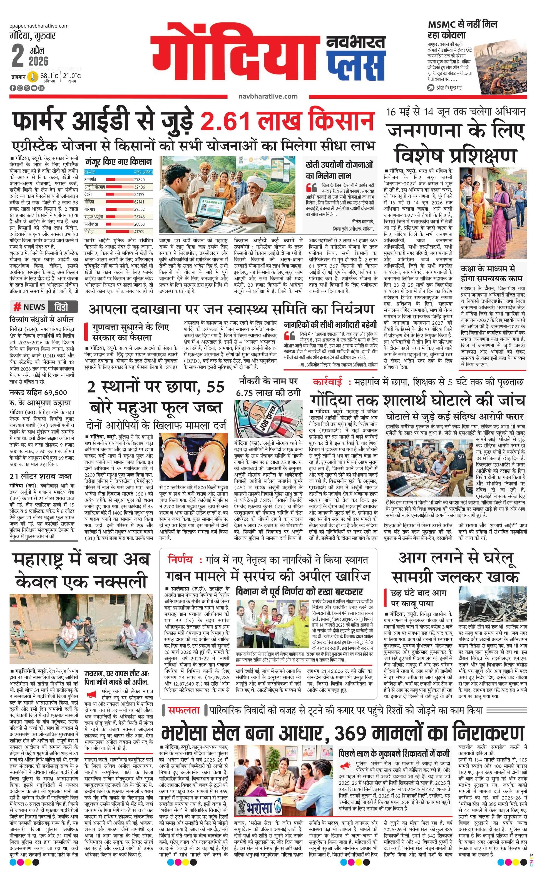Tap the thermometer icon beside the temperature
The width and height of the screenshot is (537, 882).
[x=33, y=77]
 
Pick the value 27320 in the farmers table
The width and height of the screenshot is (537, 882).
[x=139, y=180]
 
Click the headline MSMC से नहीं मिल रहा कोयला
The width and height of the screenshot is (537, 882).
[x=462, y=29]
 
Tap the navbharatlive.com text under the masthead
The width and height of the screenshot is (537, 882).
[x=268, y=96]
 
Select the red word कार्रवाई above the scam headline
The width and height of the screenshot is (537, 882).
[x=327, y=382]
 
